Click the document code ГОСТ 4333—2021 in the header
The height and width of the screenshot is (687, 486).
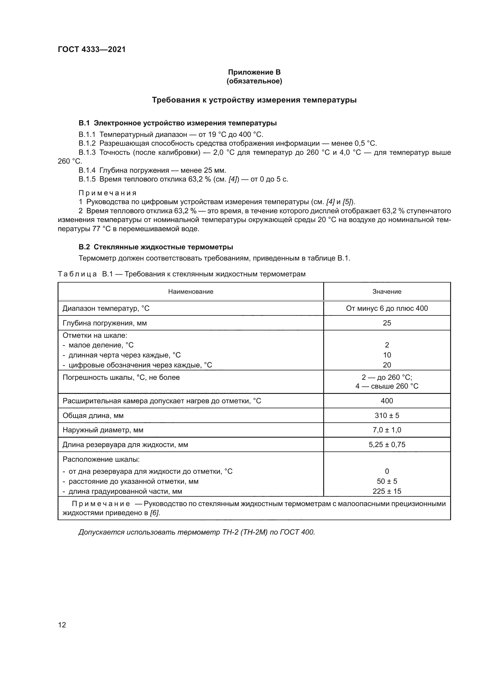pos(92,49)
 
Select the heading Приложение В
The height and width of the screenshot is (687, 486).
pos(254,72)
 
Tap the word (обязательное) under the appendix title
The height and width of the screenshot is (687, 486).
pos(254,81)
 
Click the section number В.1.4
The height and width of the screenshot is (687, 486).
pos(87,170)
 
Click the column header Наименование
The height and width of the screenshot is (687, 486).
pos(191,291)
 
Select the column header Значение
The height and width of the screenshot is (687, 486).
pos(387,291)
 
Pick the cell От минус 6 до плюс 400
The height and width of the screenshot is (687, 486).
pos(387,308)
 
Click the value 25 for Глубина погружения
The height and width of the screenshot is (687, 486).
pos(387,323)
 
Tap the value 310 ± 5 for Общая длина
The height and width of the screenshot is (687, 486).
pos(387,415)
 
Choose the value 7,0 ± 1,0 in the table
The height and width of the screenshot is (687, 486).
pos(387,430)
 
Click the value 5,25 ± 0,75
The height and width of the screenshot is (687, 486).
pos(387,445)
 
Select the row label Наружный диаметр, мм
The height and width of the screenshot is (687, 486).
pos(103,430)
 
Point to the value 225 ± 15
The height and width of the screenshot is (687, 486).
pos(387,491)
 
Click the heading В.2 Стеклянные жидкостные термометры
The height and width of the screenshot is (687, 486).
pos(156,247)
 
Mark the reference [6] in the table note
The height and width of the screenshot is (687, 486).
pos(155,513)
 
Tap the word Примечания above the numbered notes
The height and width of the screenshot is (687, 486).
pos(108,193)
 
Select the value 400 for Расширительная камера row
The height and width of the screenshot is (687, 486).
pos(387,401)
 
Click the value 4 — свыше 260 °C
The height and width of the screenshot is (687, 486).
pos(387,386)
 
